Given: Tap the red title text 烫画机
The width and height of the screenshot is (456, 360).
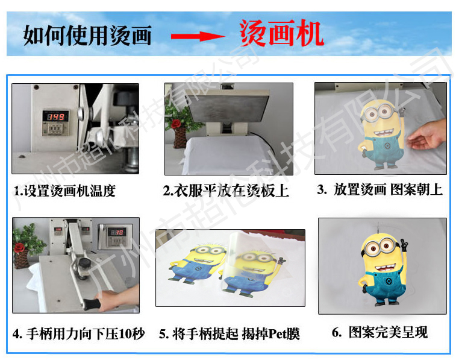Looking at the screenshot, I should pyautogui.click(x=281, y=34).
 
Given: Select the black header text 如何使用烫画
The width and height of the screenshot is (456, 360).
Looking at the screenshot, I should pyautogui.click(x=87, y=35).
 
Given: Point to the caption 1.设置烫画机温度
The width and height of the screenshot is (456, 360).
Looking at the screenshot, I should pyautogui.click(x=65, y=192).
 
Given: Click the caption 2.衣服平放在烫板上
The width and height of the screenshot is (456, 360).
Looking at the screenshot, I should pyautogui.click(x=226, y=191).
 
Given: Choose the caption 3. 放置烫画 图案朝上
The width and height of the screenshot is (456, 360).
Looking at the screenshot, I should pyautogui.click(x=379, y=190).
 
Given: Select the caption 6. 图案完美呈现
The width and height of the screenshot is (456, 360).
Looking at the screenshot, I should pyautogui.click(x=379, y=332).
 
